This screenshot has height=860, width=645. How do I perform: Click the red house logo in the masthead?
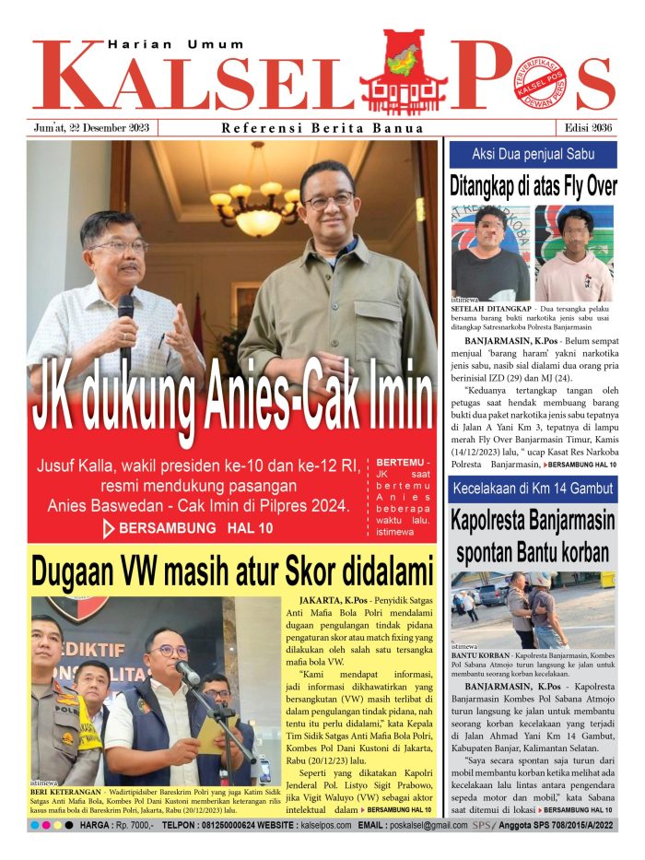404,72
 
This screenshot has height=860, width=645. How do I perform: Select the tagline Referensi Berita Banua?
322,128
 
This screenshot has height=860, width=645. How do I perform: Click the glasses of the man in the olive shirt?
328,200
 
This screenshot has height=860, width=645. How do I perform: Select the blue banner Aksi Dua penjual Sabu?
533,153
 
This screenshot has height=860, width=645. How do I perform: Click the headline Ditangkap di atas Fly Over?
533,184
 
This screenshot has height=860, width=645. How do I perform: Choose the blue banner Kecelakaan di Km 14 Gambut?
533,489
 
